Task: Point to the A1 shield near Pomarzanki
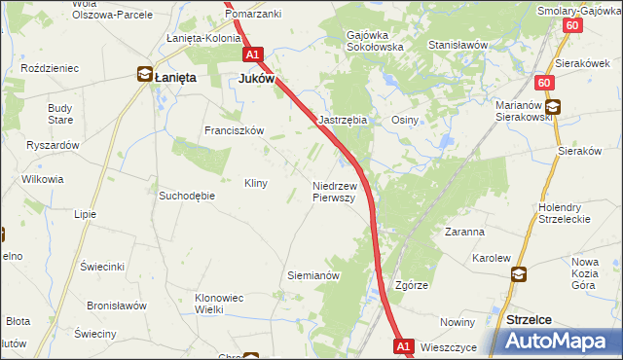click(253, 55)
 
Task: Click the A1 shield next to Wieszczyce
click(405, 345)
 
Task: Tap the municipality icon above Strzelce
click(518, 275)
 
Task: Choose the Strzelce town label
click(531, 318)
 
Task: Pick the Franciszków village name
click(234, 130)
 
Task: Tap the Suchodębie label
click(186, 195)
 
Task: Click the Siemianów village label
click(312, 275)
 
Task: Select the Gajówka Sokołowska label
click(374, 40)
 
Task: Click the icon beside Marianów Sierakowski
click(552, 109)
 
